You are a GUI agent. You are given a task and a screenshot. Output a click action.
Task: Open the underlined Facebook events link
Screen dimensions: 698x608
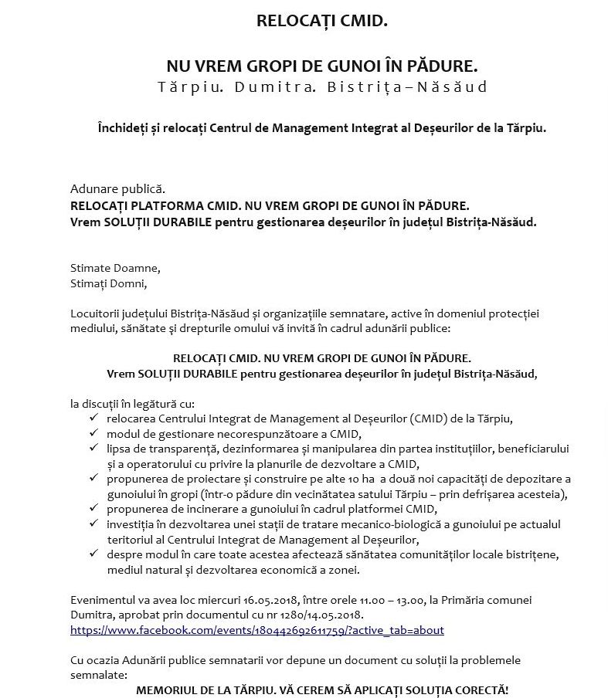pos(256,630)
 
